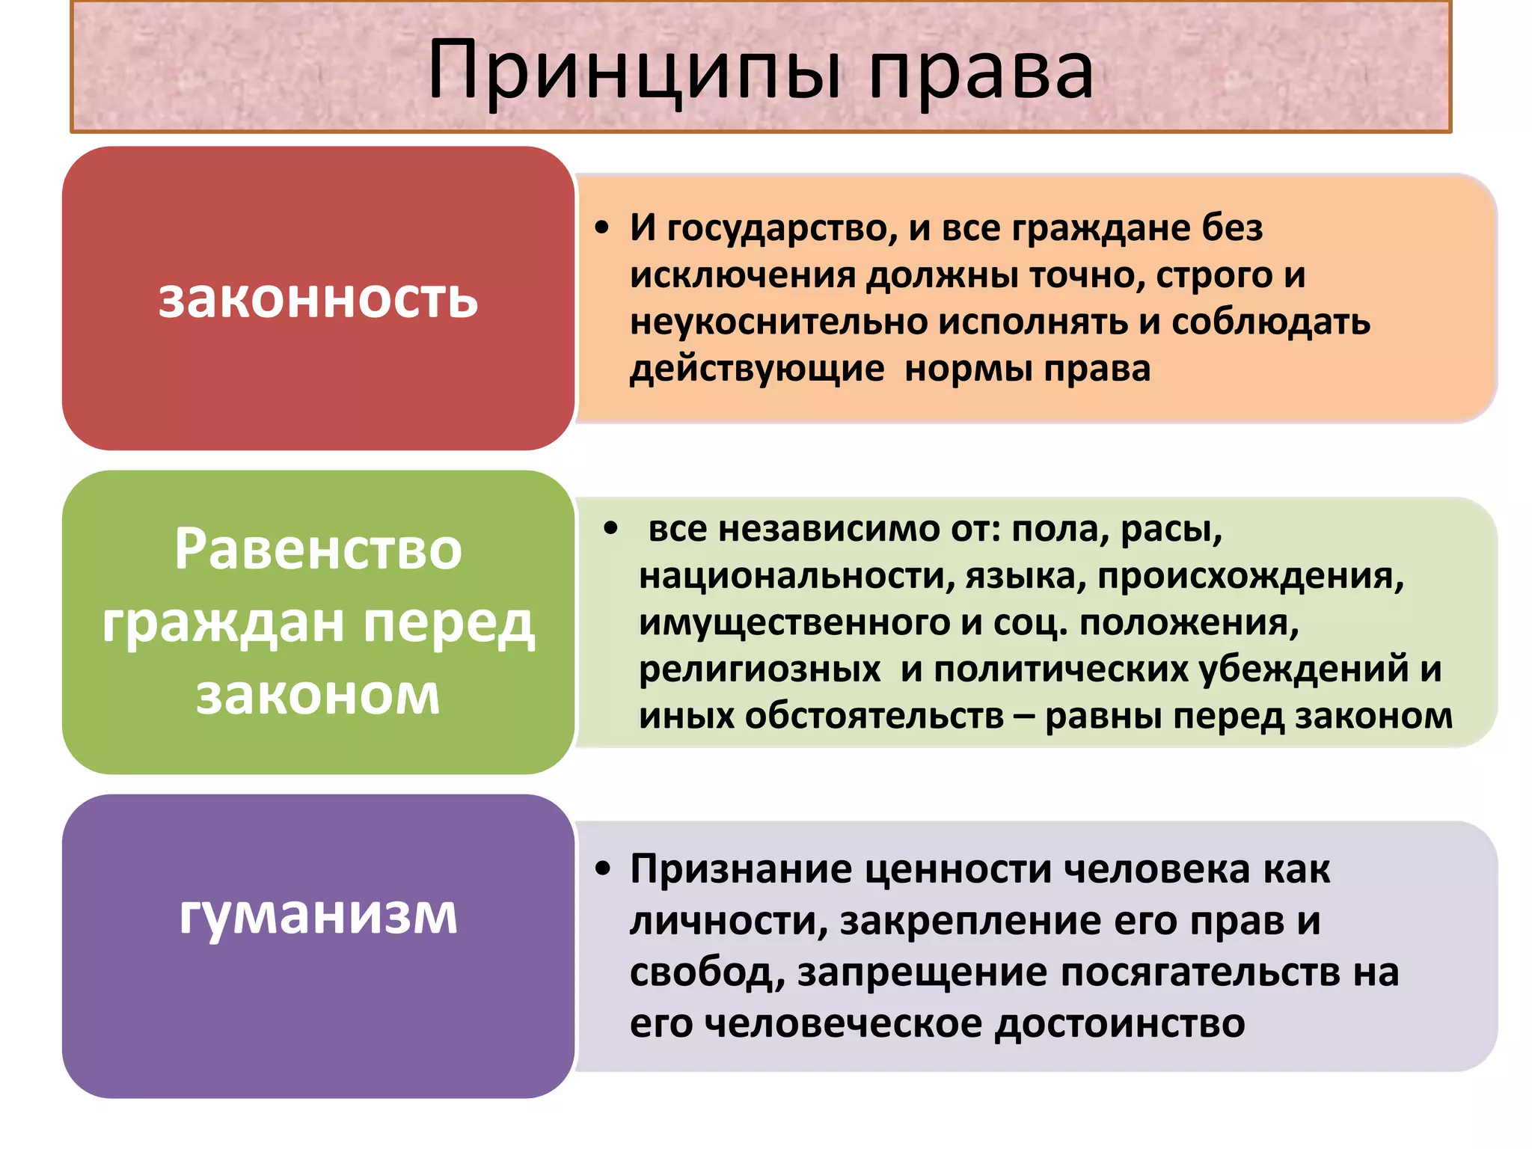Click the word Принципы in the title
coord(634,72)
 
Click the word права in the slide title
coord(981,72)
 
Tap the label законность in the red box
coord(318,299)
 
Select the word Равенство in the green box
coord(318,550)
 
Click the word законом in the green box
coord(318,695)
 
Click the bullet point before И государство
coord(602,229)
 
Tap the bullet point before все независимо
coord(611,529)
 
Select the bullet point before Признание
coord(603,869)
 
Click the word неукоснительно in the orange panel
coord(778,322)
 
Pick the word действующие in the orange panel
coord(756,370)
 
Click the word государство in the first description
coord(782,229)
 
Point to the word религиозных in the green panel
coord(759,670)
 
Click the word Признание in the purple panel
coord(741,869)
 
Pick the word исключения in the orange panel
coord(742,276)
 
